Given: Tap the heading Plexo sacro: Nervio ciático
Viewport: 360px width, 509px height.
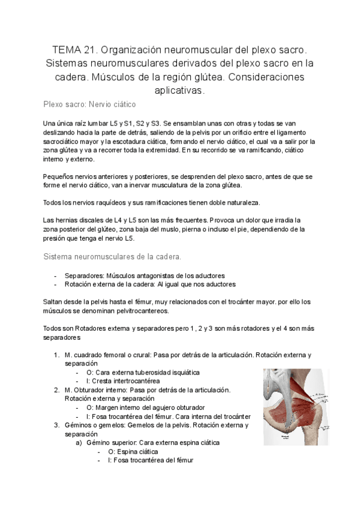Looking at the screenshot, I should tap(89, 104).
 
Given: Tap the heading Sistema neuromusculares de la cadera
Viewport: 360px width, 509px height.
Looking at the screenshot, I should tap(112, 256).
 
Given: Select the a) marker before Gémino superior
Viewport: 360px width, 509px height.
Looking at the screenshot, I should tap(78, 442).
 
